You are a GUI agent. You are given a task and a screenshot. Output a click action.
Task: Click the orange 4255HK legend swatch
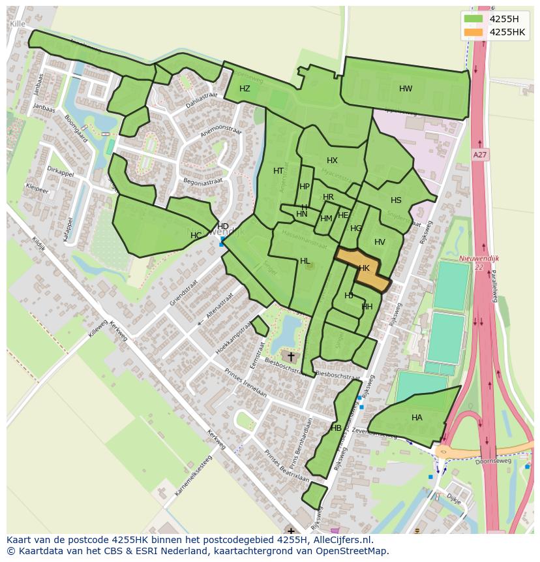[x=473, y=32]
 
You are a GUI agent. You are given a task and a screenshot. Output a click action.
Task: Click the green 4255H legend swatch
[x=473, y=19]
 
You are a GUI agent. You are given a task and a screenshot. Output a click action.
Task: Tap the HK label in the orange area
[x=364, y=268]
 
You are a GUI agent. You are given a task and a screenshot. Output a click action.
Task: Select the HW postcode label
[x=406, y=89]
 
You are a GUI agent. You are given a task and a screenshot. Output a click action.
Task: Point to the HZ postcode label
[x=245, y=89]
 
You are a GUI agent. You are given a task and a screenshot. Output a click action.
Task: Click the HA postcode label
[x=417, y=418]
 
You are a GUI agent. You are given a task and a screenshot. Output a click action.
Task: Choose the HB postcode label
[x=336, y=428]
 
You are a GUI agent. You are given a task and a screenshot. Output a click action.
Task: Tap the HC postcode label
[x=196, y=236]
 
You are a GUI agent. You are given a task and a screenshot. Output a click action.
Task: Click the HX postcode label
[x=332, y=161]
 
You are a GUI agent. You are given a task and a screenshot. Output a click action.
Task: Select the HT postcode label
[x=278, y=171]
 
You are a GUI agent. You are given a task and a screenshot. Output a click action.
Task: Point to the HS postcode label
[x=396, y=200]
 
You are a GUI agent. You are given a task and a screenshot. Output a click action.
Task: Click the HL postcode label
[x=305, y=261]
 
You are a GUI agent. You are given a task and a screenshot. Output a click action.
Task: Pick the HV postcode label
[x=380, y=242]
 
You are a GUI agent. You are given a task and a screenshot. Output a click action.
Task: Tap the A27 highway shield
[x=480, y=155]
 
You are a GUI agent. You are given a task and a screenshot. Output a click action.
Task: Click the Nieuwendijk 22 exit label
[x=479, y=262]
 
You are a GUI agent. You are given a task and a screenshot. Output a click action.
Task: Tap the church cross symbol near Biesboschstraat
[x=291, y=356]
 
